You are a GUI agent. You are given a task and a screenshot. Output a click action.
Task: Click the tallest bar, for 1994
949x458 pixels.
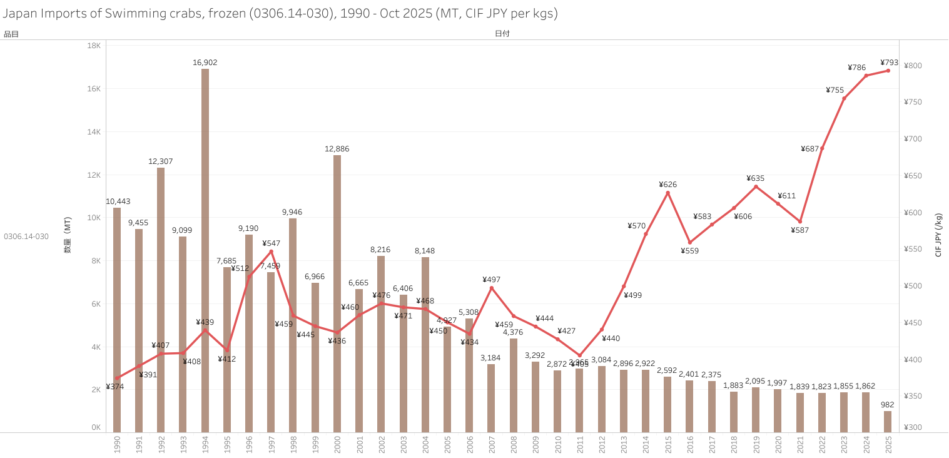pyautogui.click(x=205, y=250)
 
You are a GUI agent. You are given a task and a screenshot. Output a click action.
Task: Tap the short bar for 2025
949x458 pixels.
pyautogui.click(x=888, y=421)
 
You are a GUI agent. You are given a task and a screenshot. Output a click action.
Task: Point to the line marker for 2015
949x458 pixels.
pyautogui.click(x=667, y=193)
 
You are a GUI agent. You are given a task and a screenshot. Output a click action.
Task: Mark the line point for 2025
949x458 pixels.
pyautogui.click(x=888, y=71)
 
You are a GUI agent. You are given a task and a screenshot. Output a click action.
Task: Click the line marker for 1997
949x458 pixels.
pyautogui.click(x=271, y=252)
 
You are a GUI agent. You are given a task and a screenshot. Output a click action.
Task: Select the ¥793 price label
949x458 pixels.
pyautogui.click(x=889, y=63)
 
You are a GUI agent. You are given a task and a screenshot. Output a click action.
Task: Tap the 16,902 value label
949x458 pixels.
pyautogui.click(x=205, y=63)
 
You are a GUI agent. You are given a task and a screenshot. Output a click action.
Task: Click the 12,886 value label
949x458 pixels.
pyautogui.click(x=337, y=149)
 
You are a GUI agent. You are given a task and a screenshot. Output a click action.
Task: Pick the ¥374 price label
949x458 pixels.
pyautogui.click(x=115, y=387)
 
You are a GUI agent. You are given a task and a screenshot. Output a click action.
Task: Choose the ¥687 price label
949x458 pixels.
pyautogui.click(x=810, y=149)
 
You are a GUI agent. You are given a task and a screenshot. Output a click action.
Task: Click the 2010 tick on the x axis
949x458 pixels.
pyautogui.click(x=557, y=444)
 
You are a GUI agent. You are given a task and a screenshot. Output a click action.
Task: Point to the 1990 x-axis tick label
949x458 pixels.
pyautogui.click(x=117, y=444)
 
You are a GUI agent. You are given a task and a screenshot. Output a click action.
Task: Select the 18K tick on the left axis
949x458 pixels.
pyautogui.click(x=94, y=46)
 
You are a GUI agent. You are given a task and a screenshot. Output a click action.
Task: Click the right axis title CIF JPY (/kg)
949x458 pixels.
pyautogui.click(x=938, y=235)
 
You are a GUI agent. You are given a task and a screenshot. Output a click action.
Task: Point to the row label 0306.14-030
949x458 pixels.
pyautogui.click(x=26, y=237)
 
